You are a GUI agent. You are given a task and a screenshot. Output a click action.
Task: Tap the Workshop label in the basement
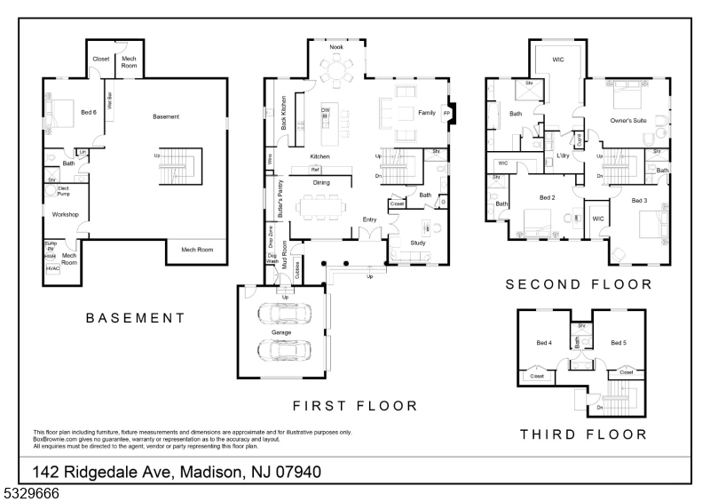click(x=67, y=214)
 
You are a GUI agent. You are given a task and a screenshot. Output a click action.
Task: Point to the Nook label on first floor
click(x=336, y=46)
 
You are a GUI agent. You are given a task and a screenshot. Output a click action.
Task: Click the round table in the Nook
click(x=336, y=68)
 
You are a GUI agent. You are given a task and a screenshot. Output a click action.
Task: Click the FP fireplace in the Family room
click(x=447, y=114)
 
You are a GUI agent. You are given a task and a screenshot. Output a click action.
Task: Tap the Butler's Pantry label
click(x=280, y=200)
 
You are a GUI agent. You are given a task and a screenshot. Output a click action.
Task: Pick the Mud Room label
click(x=285, y=255)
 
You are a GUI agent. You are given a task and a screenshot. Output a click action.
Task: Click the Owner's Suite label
click(x=627, y=119)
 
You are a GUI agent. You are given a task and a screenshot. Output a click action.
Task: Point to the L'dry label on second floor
click(x=563, y=155)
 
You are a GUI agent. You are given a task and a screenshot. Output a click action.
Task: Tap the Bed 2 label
click(x=547, y=197)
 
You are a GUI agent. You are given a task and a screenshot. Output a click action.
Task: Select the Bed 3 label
click(x=640, y=201)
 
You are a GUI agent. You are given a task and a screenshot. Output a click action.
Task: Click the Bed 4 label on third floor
click(x=544, y=342)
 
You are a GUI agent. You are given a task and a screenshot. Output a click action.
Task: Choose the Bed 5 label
click(x=619, y=342)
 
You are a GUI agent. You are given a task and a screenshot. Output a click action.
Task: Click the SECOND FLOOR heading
click(x=578, y=285)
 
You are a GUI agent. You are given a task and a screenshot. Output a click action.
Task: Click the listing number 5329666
click(x=30, y=490)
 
